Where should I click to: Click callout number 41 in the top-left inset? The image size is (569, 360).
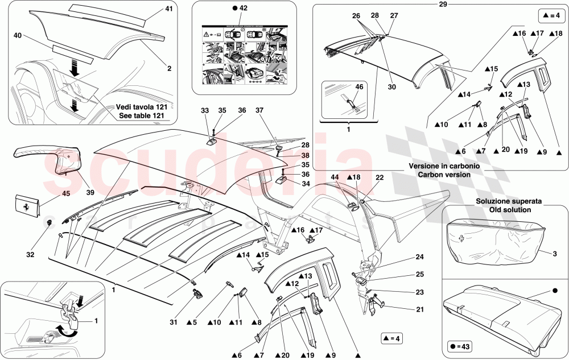[168, 10]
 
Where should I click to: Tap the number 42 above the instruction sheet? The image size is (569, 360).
[243, 9]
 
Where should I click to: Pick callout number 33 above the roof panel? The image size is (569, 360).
[205, 110]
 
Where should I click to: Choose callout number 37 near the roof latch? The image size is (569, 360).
[259, 110]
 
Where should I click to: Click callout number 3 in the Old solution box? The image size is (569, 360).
[554, 252]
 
